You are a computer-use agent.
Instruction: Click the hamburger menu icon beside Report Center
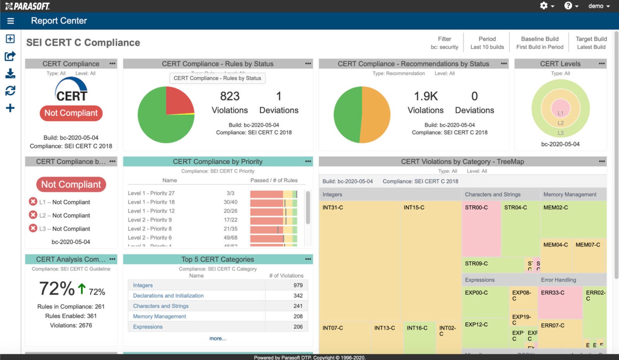(10, 21)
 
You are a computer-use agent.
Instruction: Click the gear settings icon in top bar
(544, 6)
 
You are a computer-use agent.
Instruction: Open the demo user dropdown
(598, 6)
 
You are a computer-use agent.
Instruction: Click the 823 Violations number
(230, 96)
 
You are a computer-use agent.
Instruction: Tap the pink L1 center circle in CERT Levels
(561, 108)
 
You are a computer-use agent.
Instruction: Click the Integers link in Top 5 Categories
(143, 285)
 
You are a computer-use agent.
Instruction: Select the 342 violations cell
(298, 295)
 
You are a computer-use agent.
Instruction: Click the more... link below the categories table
(218, 338)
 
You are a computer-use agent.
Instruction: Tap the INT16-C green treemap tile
(419, 337)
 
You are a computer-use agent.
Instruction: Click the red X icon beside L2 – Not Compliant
(33, 215)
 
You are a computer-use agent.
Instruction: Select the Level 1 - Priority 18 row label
(151, 202)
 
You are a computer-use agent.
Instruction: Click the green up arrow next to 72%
(82, 289)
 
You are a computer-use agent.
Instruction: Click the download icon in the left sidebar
(10, 74)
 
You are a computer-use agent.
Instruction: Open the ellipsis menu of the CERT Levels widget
(602, 63)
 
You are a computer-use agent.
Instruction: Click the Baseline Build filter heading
(540, 39)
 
